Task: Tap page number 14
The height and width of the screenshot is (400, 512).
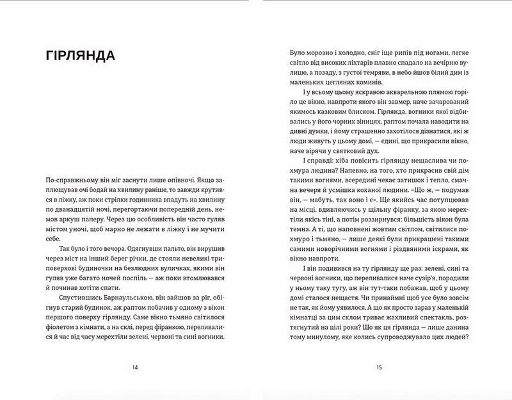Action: [x=134, y=367]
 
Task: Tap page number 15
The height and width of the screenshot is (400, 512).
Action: [x=379, y=367]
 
